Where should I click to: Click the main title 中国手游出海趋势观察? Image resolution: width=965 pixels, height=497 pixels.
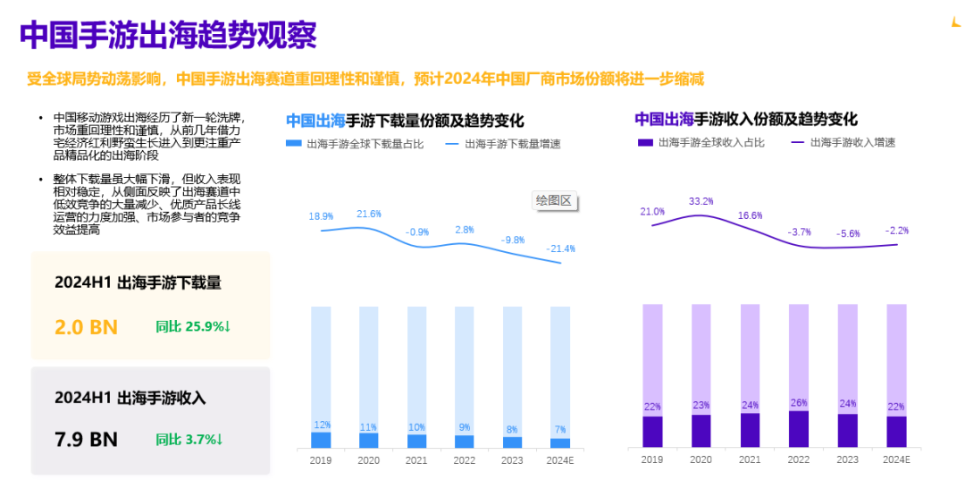(168, 36)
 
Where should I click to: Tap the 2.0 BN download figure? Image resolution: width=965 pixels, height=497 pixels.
(86, 327)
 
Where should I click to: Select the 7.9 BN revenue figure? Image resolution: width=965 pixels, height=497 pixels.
(86, 439)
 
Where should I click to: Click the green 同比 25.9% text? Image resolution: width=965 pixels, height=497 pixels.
(193, 327)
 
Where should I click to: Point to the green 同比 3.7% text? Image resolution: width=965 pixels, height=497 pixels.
(189, 439)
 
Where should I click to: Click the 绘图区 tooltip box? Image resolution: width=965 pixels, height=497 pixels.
(553, 201)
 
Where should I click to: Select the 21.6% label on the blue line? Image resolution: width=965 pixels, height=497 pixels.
(369, 215)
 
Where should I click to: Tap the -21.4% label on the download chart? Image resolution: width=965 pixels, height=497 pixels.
(562, 248)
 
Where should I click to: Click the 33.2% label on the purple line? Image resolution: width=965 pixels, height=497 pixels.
(701, 201)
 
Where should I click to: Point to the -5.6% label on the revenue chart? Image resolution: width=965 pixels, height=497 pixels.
(847, 233)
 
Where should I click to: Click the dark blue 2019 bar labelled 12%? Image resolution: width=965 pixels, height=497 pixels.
(321, 440)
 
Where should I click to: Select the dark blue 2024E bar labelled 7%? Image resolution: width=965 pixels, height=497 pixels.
(559, 442)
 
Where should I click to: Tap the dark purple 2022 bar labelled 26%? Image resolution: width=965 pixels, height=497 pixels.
(798, 429)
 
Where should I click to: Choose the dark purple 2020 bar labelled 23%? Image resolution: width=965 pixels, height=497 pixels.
(701, 431)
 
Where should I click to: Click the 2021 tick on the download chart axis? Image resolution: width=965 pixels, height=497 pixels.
(416, 459)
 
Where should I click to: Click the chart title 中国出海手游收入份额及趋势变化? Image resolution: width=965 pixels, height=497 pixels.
(745, 119)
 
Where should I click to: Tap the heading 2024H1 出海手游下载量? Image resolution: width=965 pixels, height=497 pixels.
(138, 282)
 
